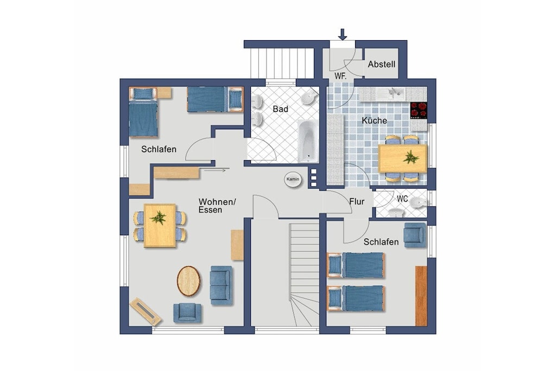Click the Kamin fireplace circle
(293, 179)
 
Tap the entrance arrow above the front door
(343, 34)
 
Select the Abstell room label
(382, 65)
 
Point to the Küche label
(375, 121)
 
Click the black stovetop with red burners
(419, 110)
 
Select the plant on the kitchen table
(411, 157)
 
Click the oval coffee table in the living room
(188, 281)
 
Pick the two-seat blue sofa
(222, 286)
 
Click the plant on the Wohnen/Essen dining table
(158, 217)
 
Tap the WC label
(402, 199)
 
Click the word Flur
(357, 202)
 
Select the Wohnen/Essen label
(217, 206)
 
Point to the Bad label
(281, 109)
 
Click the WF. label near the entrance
(340, 76)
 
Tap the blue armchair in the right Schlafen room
(415, 235)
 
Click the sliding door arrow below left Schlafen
(215, 171)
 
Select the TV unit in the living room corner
(146, 312)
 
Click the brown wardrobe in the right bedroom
(421, 296)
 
